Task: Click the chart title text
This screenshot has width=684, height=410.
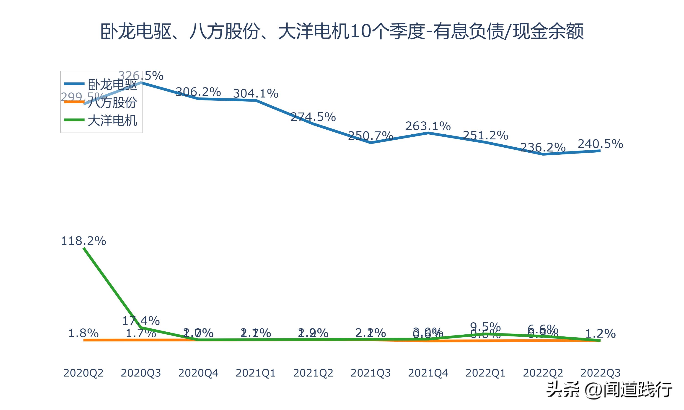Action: click(x=342, y=31)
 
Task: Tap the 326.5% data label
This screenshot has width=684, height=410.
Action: click(x=141, y=75)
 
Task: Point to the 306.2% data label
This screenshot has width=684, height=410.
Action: click(x=198, y=92)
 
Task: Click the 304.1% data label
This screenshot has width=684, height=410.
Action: click(x=256, y=93)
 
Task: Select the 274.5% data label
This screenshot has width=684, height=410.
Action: click(x=313, y=117)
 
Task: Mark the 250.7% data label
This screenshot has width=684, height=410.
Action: click(x=370, y=136)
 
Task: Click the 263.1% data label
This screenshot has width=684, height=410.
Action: click(x=428, y=126)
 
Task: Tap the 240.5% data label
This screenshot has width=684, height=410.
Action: click(x=600, y=144)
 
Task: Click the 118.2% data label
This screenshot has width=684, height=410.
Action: click(x=83, y=241)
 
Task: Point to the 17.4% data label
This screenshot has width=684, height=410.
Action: click(x=141, y=321)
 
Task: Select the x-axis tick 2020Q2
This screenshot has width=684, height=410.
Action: click(x=83, y=373)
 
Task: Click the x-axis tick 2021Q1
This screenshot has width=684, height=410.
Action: click(x=256, y=373)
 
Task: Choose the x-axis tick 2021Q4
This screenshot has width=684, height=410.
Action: click(x=428, y=373)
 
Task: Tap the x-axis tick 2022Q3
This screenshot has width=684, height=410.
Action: click(x=600, y=373)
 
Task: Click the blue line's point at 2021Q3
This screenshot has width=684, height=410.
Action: click(x=370, y=143)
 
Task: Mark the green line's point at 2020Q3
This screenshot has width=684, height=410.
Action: click(x=141, y=328)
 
